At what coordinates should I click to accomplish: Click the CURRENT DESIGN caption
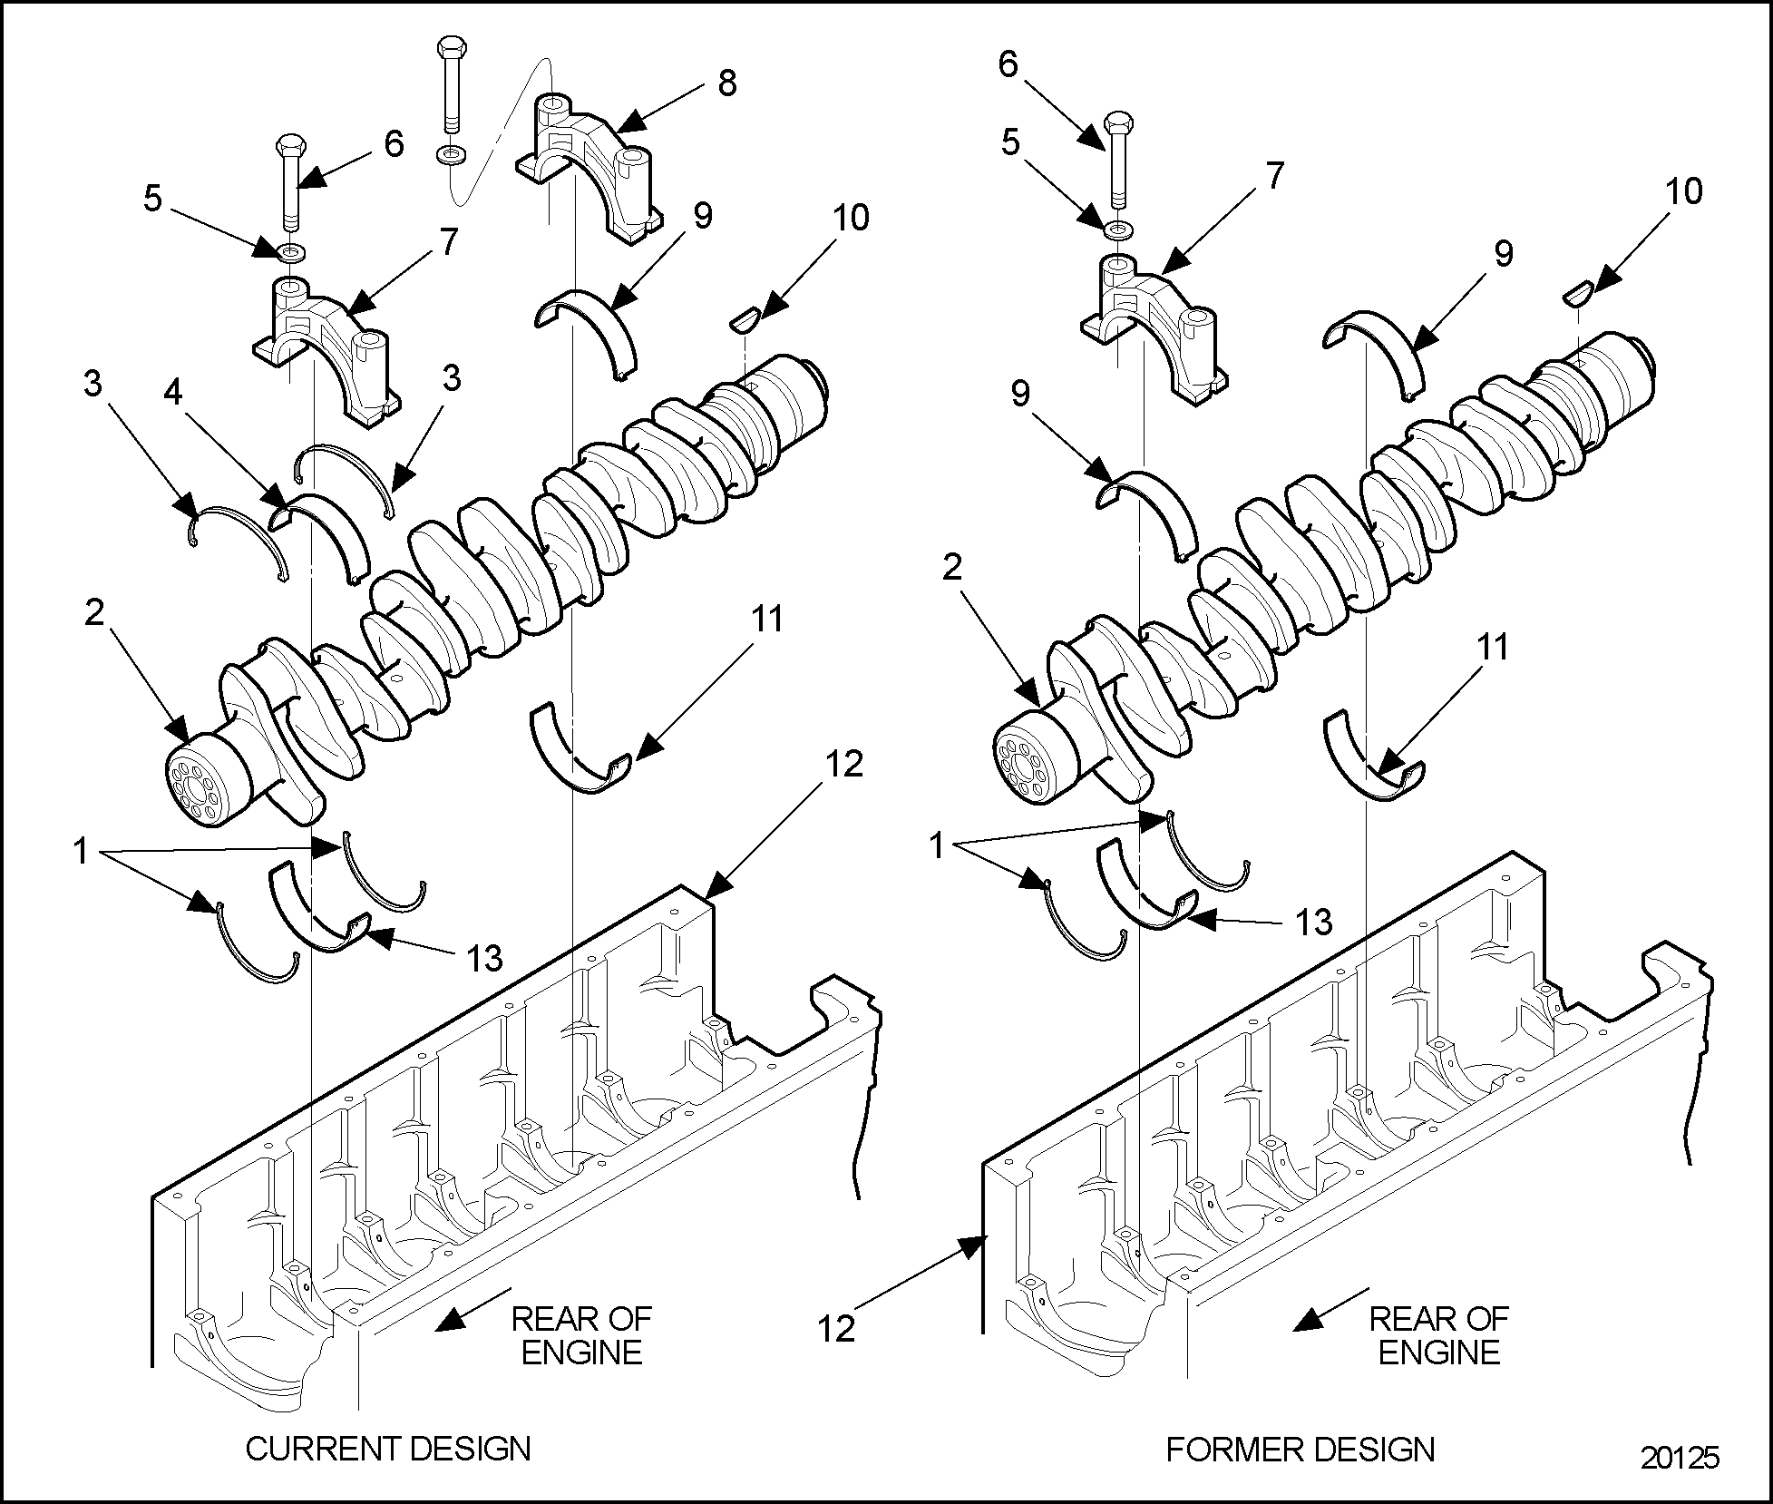[x=388, y=1448]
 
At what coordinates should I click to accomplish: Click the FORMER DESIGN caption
[x=1300, y=1450]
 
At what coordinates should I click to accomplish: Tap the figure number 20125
[x=1680, y=1482]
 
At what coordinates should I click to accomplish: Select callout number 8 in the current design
[x=726, y=83]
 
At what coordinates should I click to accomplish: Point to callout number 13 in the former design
[x=1312, y=923]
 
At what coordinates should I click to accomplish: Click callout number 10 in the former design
[x=1684, y=191]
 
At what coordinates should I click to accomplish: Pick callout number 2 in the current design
[x=94, y=613]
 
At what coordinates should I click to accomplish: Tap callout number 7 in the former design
[x=1275, y=176]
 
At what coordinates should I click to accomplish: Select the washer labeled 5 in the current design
[x=291, y=249]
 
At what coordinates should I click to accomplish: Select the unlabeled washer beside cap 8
[x=450, y=154]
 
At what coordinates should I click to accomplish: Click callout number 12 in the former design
[x=835, y=1328]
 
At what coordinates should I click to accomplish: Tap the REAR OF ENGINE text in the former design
[x=1438, y=1334]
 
